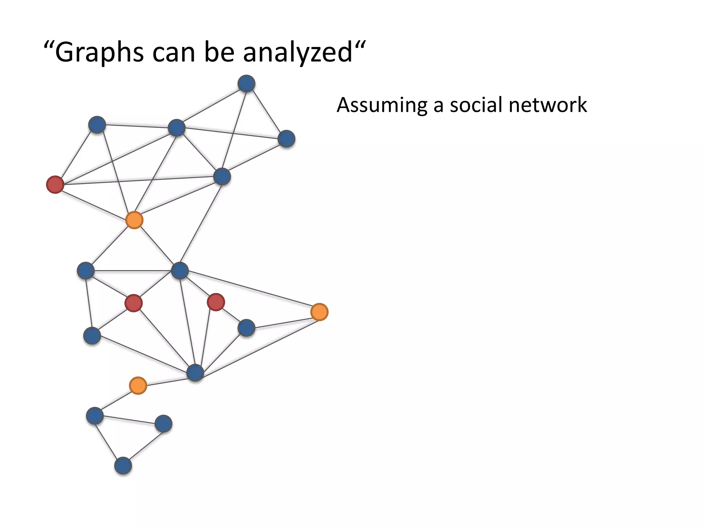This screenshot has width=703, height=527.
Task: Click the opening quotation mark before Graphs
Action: (x=49, y=45)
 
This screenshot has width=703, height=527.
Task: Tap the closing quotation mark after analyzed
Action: (x=359, y=45)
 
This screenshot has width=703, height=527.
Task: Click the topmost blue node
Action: (x=246, y=84)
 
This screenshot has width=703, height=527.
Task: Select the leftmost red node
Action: (x=55, y=185)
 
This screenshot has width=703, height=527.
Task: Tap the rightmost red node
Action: (x=216, y=302)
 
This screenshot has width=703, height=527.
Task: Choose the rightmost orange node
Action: (x=319, y=312)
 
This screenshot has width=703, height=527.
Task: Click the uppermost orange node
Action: (x=134, y=220)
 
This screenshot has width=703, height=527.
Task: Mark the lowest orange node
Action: (x=138, y=386)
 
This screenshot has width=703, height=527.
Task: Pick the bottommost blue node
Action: (x=123, y=466)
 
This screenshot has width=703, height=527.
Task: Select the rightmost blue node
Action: (x=286, y=139)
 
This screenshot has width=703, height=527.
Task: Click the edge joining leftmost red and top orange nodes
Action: (x=94, y=202)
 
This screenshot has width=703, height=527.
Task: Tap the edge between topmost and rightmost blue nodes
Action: (x=266, y=111)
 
